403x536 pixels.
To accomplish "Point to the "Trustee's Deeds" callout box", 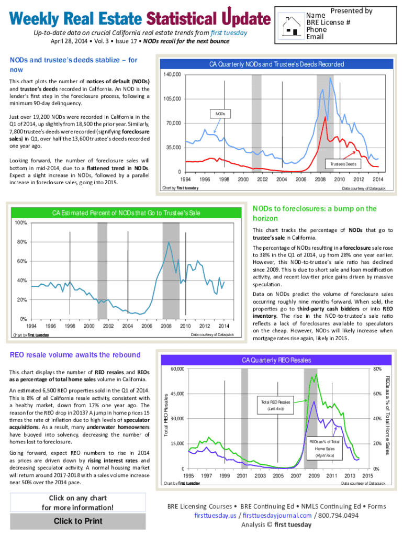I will pyautogui.click(x=343, y=164).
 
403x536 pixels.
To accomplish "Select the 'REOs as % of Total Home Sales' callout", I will pyautogui.click(x=328, y=449).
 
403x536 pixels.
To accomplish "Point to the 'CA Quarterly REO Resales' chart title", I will pyautogui.click(x=276, y=360).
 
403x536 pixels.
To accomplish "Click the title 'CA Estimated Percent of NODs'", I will pyautogui.click(x=126, y=213).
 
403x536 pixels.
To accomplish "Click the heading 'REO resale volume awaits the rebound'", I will pyautogui.click(x=75, y=355).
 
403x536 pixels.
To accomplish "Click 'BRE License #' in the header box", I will pyautogui.click(x=328, y=23).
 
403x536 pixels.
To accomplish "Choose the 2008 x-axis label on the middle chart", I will pyautogui.click(x=166, y=326).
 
